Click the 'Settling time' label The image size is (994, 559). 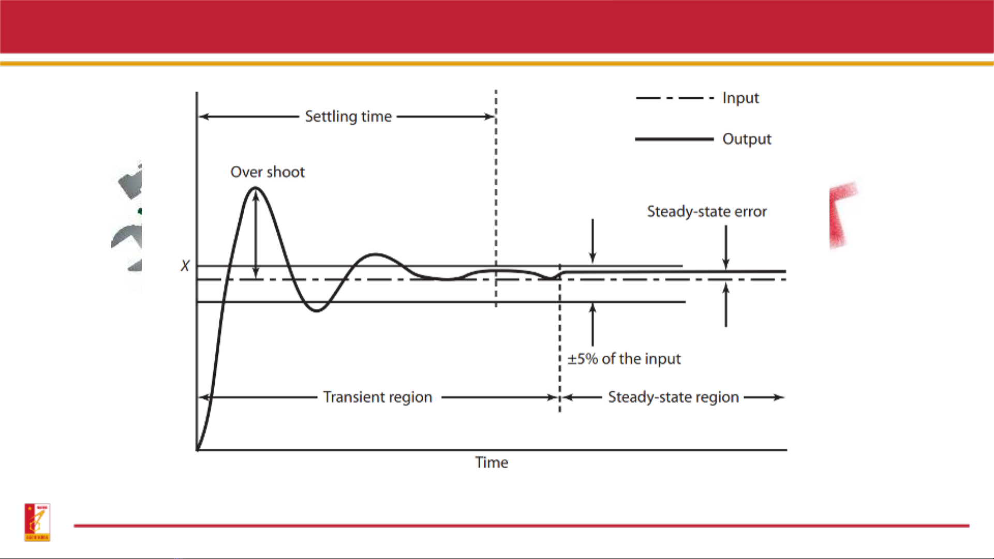click(x=348, y=117)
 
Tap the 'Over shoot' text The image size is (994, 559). click(x=268, y=172)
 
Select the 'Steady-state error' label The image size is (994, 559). click(x=707, y=211)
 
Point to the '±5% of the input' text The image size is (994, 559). click(x=624, y=359)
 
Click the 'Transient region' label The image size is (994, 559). click(x=378, y=397)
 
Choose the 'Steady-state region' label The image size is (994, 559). click(x=673, y=397)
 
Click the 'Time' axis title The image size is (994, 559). click(x=492, y=462)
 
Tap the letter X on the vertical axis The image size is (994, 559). click(x=185, y=266)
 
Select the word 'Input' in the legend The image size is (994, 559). click(x=740, y=98)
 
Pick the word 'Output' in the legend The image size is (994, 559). click(x=747, y=139)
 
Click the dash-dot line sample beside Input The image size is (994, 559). click(x=675, y=98)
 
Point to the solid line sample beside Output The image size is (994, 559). click(x=674, y=139)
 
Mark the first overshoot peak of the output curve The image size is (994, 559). click(x=256, y=188)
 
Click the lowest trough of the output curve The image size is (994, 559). click(x=317, y=310)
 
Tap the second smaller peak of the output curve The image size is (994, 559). click(x=376, y=254)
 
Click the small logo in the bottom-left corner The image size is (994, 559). click(x=37, y=522)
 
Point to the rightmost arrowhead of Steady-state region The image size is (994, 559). click(x=779, y=397)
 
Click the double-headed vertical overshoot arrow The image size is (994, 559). click(x=256, y=234)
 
